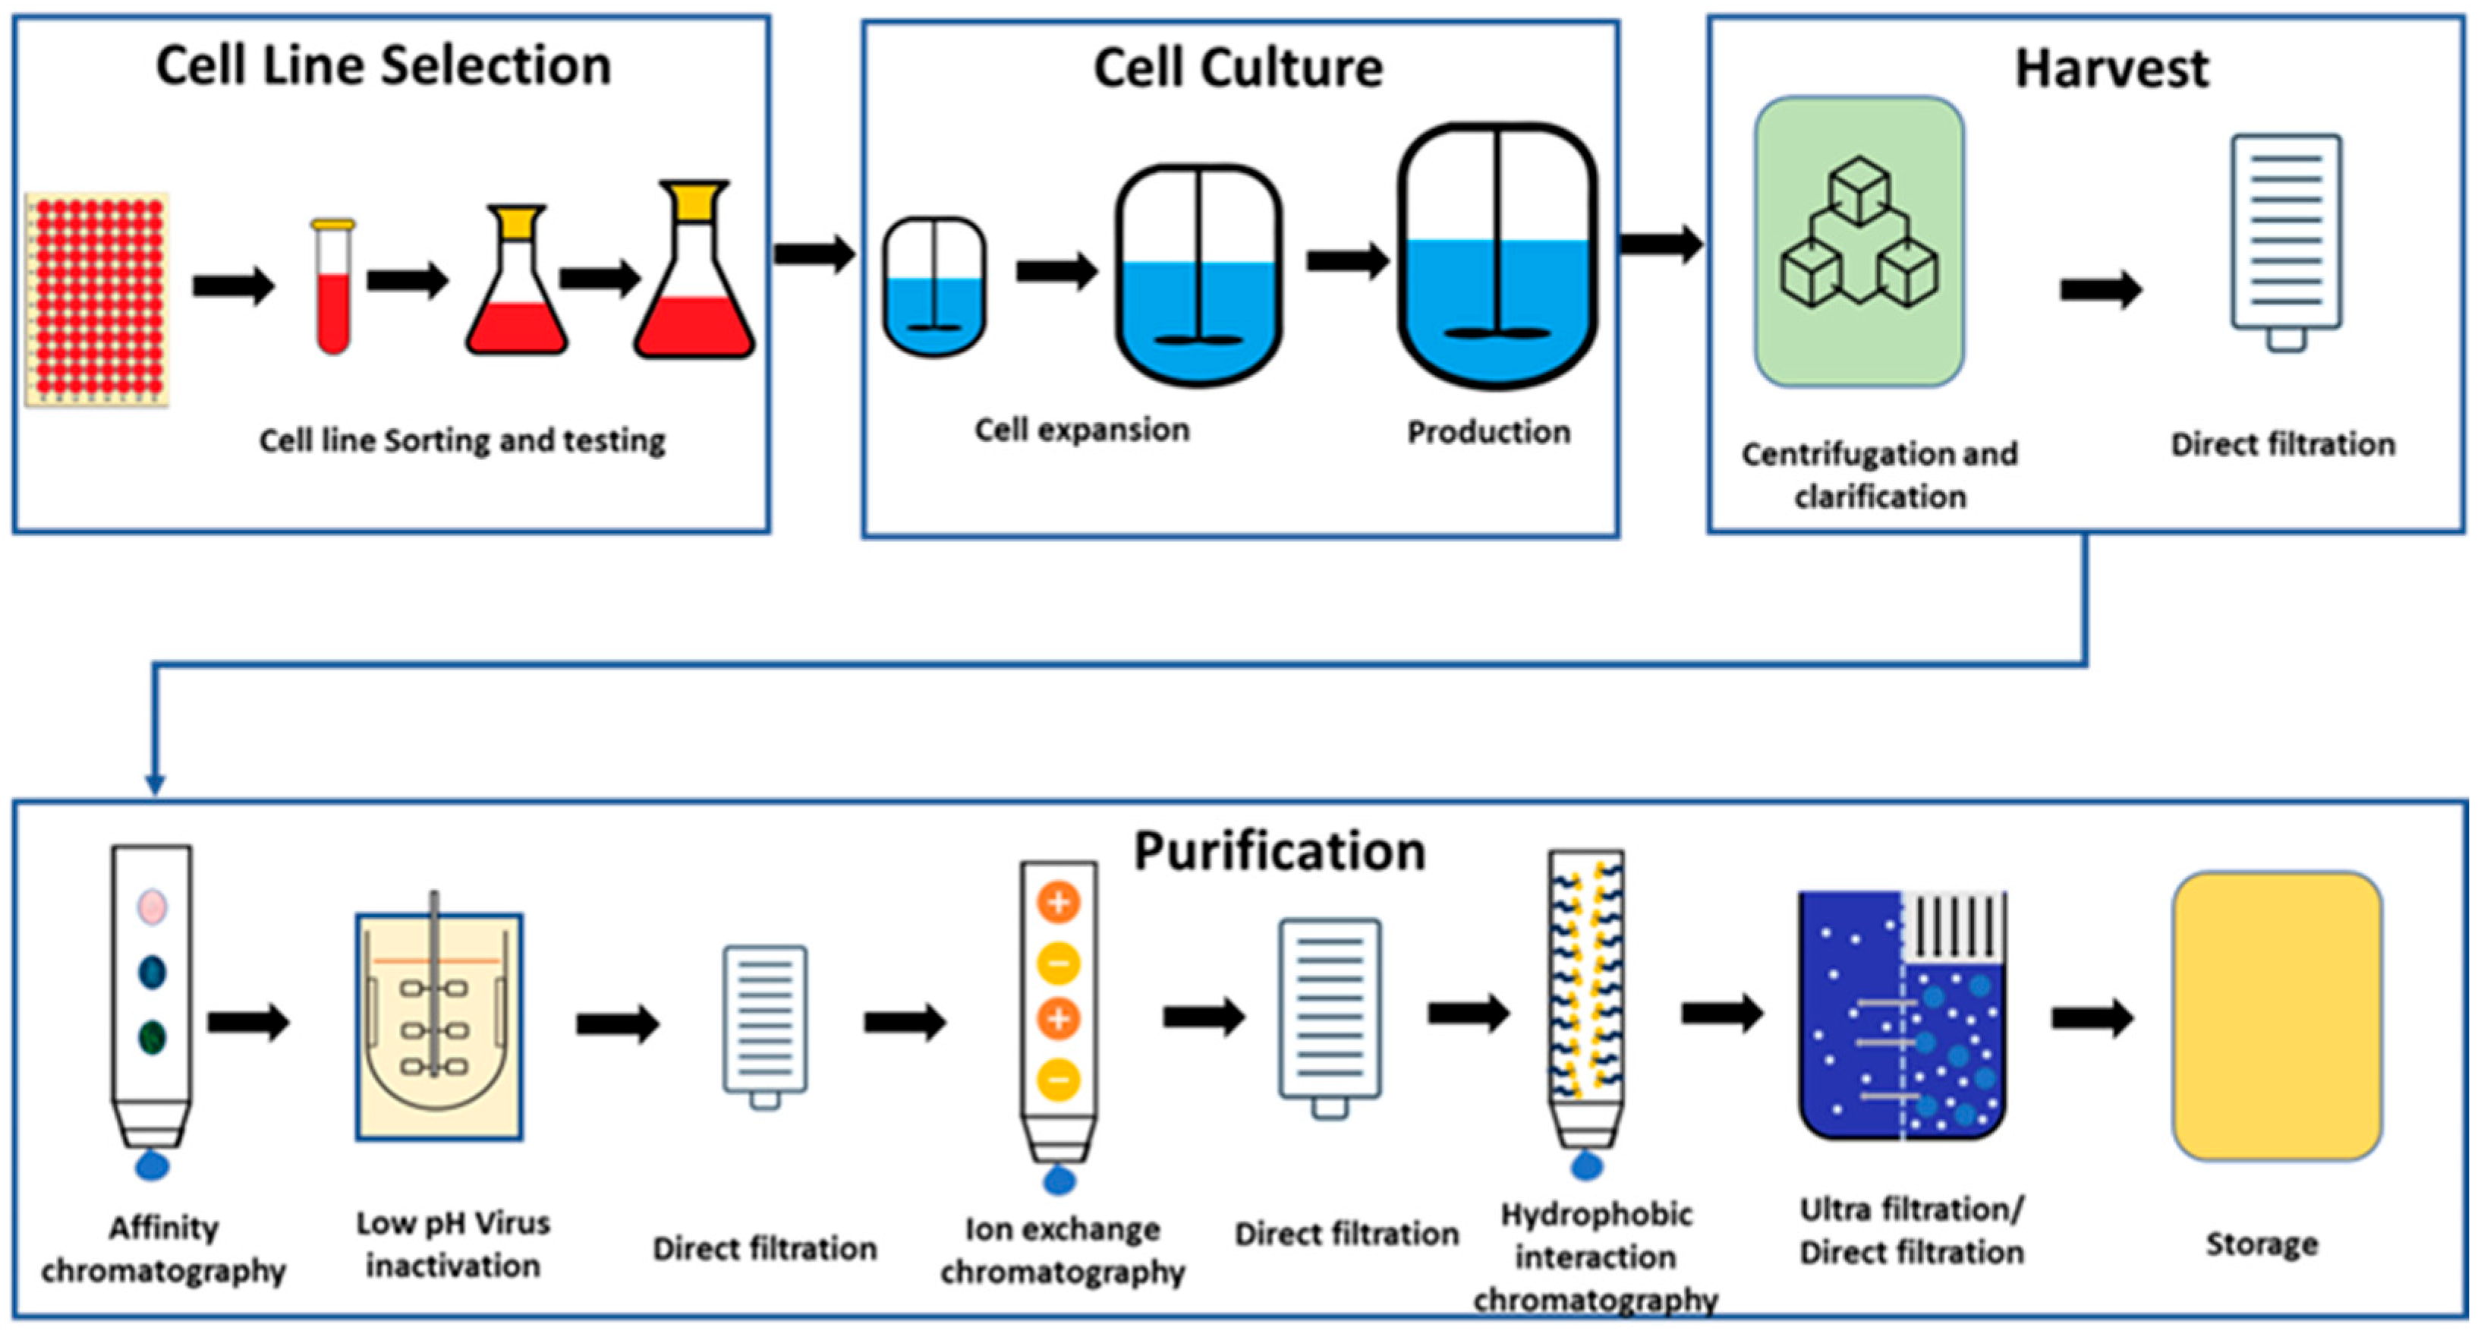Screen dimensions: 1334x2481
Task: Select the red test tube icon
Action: point(333,289)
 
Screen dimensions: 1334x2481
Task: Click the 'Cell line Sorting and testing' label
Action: point(462,441)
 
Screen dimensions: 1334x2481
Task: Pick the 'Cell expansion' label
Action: point(1082,430)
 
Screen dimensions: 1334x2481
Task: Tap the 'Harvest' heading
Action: point(2112,69)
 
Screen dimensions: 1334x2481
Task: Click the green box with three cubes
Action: point(1859,241)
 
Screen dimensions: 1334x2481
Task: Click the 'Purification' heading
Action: point(1279,851)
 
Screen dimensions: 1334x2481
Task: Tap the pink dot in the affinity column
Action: point(153,907)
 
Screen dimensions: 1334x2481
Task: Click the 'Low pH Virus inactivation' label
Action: point(452,1244)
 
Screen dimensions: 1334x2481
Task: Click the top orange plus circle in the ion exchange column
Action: point(1059,903)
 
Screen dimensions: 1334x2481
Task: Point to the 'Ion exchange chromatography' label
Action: point(1063,1250)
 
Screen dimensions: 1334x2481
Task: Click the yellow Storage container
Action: point(2277,1016)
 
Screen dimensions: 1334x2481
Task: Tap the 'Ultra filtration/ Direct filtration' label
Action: point(1912,1231)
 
